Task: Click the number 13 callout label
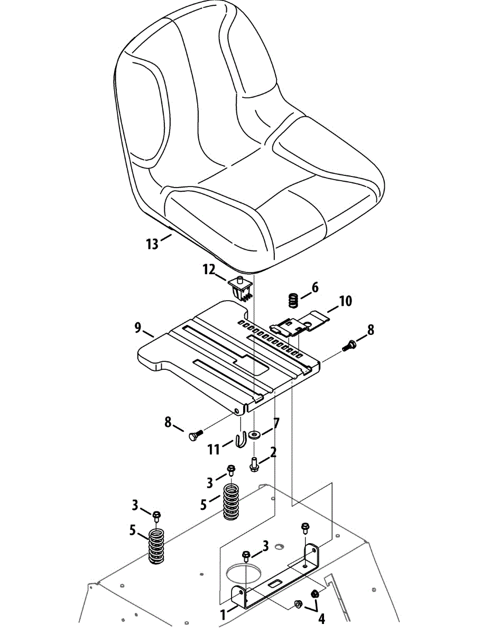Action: pos(152,244)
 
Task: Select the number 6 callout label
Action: pos(315,287)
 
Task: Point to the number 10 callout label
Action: pos(345,301)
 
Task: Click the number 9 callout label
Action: pos(137,328)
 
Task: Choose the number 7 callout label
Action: pos(276,423)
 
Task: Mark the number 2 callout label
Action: pos(273,452)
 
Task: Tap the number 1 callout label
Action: pos(223,614)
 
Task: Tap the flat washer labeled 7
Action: pos(256,435)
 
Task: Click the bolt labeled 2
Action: pos(254,465)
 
